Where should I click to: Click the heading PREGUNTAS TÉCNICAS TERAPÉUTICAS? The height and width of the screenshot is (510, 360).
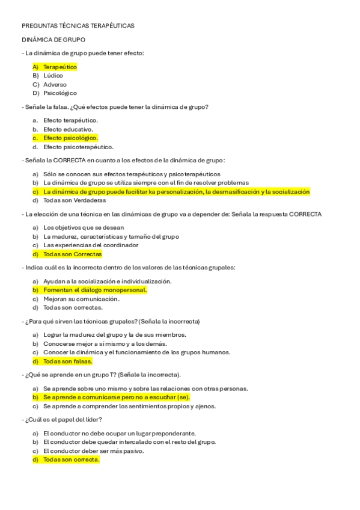78,26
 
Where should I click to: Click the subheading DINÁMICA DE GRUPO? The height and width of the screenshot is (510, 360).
53,40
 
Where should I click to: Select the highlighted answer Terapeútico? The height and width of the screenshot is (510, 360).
60,67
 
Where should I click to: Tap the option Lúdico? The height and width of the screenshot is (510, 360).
53,76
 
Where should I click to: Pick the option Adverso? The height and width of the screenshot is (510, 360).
55,85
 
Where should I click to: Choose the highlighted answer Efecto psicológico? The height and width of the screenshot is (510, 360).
70,138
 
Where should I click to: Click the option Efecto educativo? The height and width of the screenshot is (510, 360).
68,129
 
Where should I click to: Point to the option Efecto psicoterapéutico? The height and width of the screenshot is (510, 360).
78,147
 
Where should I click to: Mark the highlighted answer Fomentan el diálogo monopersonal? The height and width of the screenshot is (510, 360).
95,290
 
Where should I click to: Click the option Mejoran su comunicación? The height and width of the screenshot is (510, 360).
81,298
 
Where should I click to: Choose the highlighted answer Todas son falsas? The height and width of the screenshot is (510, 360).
67,361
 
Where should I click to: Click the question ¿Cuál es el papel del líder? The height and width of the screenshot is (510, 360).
63,419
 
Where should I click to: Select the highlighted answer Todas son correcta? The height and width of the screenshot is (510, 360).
71,459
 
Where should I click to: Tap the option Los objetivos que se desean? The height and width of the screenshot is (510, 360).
84,227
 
